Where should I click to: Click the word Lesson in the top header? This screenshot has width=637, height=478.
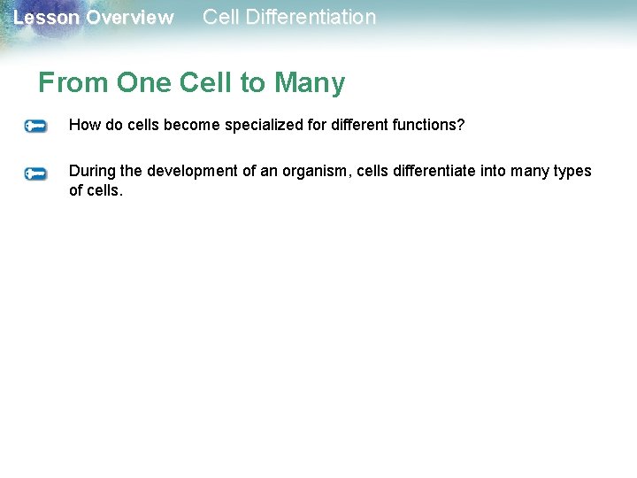coord(46,18)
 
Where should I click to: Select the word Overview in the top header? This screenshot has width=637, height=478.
coord(130,18)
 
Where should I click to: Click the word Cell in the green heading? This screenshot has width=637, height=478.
coord(206,83)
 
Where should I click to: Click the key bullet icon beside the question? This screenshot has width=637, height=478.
coord(35,127)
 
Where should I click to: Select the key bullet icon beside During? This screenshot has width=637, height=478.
coord(35,173)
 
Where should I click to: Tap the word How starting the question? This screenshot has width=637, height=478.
coord(83,125)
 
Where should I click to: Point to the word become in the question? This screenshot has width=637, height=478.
coord(191,125)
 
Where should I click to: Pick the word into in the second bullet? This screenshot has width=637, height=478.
coord(494,171)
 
